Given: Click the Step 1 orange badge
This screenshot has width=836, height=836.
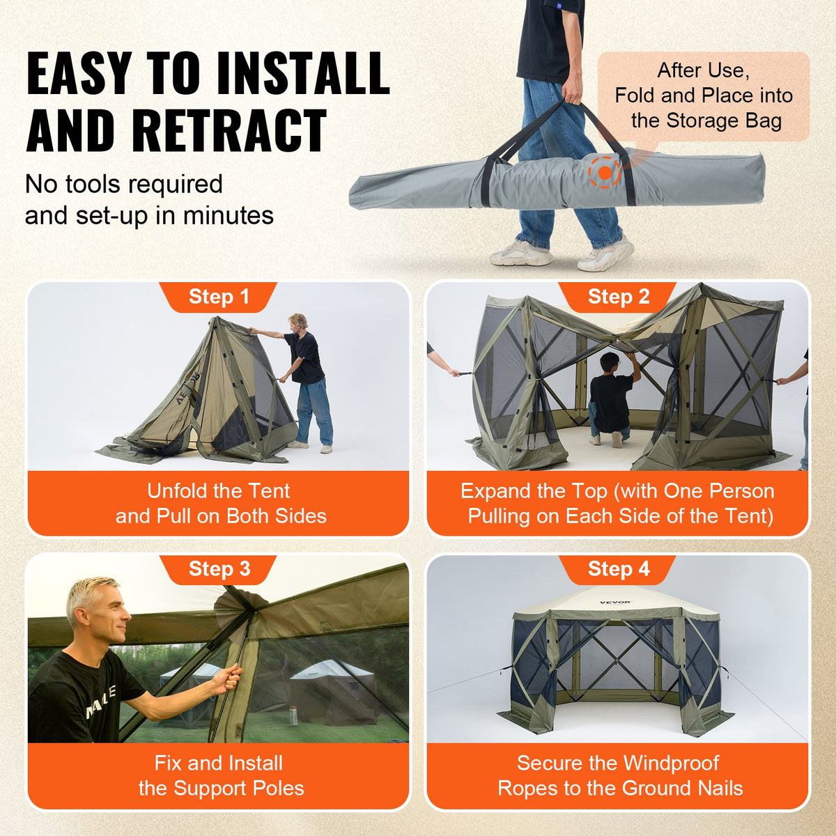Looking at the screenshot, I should point(218,297).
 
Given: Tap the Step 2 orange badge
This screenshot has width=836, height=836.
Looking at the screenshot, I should point(618,297).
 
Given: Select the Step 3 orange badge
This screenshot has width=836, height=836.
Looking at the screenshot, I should point(218,569).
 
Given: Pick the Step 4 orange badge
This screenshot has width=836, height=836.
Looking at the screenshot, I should point(618,569).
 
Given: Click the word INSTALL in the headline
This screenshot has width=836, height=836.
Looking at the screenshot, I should point(302,73).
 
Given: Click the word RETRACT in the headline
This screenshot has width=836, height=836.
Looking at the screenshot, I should point(229,131).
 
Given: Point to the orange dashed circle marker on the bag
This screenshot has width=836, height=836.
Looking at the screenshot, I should point(604,172).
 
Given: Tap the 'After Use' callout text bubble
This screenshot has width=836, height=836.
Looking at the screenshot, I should point(704,96).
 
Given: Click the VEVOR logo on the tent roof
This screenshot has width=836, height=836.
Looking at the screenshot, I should point(615,603).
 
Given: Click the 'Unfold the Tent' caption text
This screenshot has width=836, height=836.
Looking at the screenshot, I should point(218,491).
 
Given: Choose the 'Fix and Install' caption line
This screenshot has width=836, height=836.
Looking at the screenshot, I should point(218,763).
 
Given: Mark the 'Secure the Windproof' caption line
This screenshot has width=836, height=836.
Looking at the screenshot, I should point(618,763).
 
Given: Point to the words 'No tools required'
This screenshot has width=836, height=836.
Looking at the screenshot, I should point(124,185).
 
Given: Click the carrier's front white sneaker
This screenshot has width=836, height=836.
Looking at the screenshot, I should point(605,256).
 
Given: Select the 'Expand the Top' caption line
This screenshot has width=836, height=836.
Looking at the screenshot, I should point(618,491).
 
